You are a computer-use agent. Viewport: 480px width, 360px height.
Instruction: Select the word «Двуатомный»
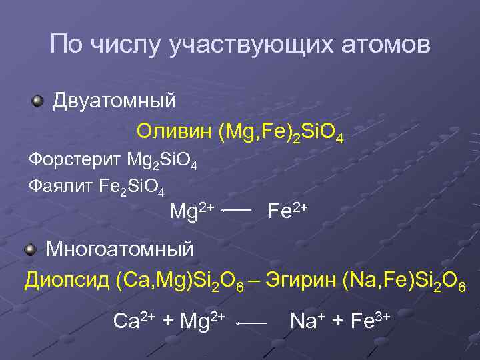click(115, 101)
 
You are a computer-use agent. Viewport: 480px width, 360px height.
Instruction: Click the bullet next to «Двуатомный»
click(37, 102)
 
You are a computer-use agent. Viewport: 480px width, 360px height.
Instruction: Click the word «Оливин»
click(174, 131)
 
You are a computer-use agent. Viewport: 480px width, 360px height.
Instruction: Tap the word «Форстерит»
click(73, 160)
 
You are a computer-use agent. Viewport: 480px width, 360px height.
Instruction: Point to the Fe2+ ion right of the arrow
click(287, 211)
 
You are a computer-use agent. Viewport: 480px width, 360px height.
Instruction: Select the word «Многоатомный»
click(120, 249)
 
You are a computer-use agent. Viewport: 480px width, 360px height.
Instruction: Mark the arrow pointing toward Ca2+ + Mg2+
click(251, 323)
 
